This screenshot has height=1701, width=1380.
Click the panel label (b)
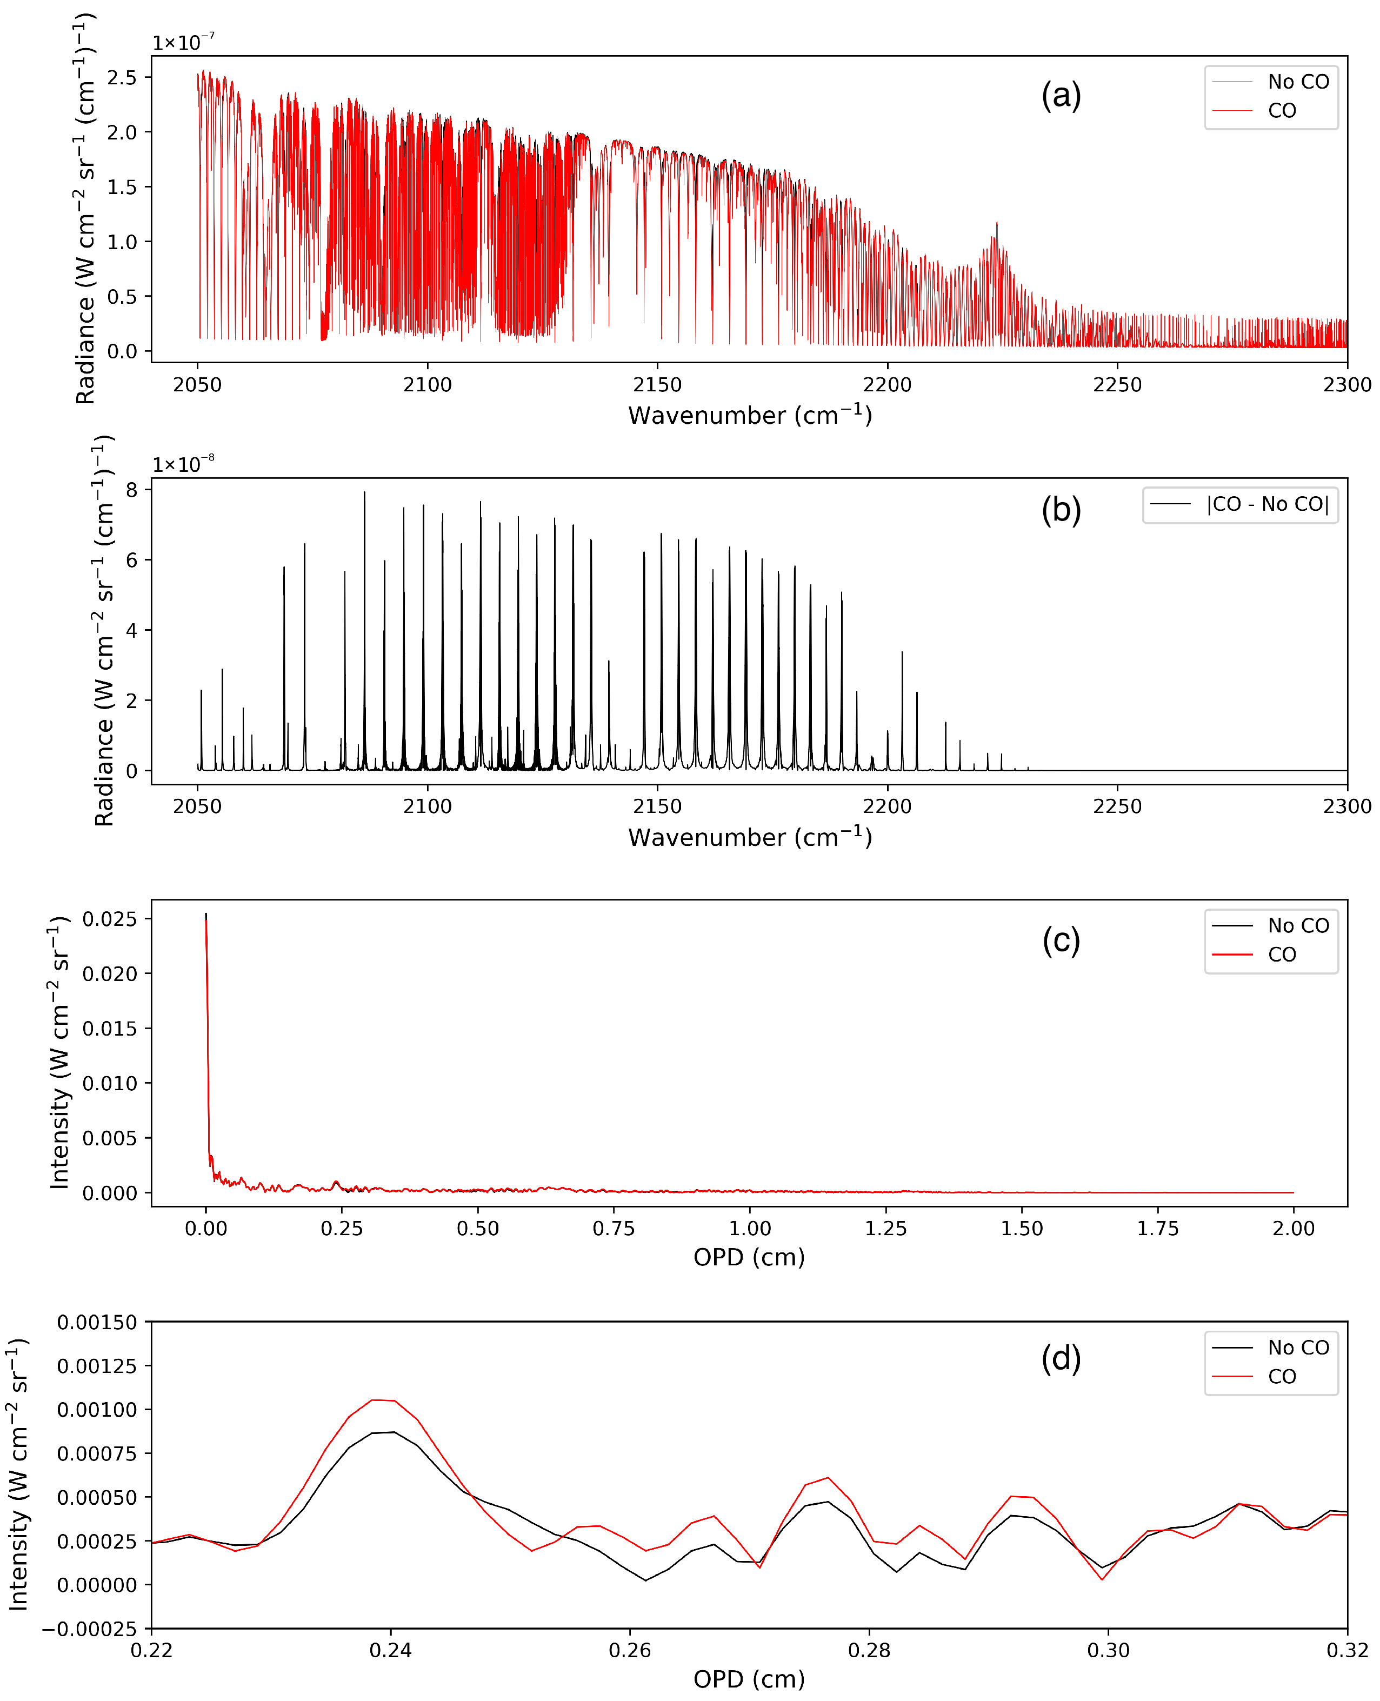[x=1061, y=510]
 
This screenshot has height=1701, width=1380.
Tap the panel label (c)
[x=1061, y=940]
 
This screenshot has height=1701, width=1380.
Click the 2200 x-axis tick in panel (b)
[x=887, y=806]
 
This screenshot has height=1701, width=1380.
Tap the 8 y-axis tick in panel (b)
[x=131, y=490]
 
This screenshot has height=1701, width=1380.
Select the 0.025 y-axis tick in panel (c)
[x=110, y=919]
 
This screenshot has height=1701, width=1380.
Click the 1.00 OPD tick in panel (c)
[x=750, y=1228]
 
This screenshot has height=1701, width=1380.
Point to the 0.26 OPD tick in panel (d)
[x=630, y=1650]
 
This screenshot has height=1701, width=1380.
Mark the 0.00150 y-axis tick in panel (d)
[x=97, y=1323]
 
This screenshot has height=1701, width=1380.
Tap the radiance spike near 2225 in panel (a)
[x=997, y=224]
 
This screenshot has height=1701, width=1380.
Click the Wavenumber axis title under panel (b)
[x=750, y=837]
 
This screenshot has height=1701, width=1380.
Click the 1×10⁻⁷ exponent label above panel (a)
[x=183, y=42]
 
